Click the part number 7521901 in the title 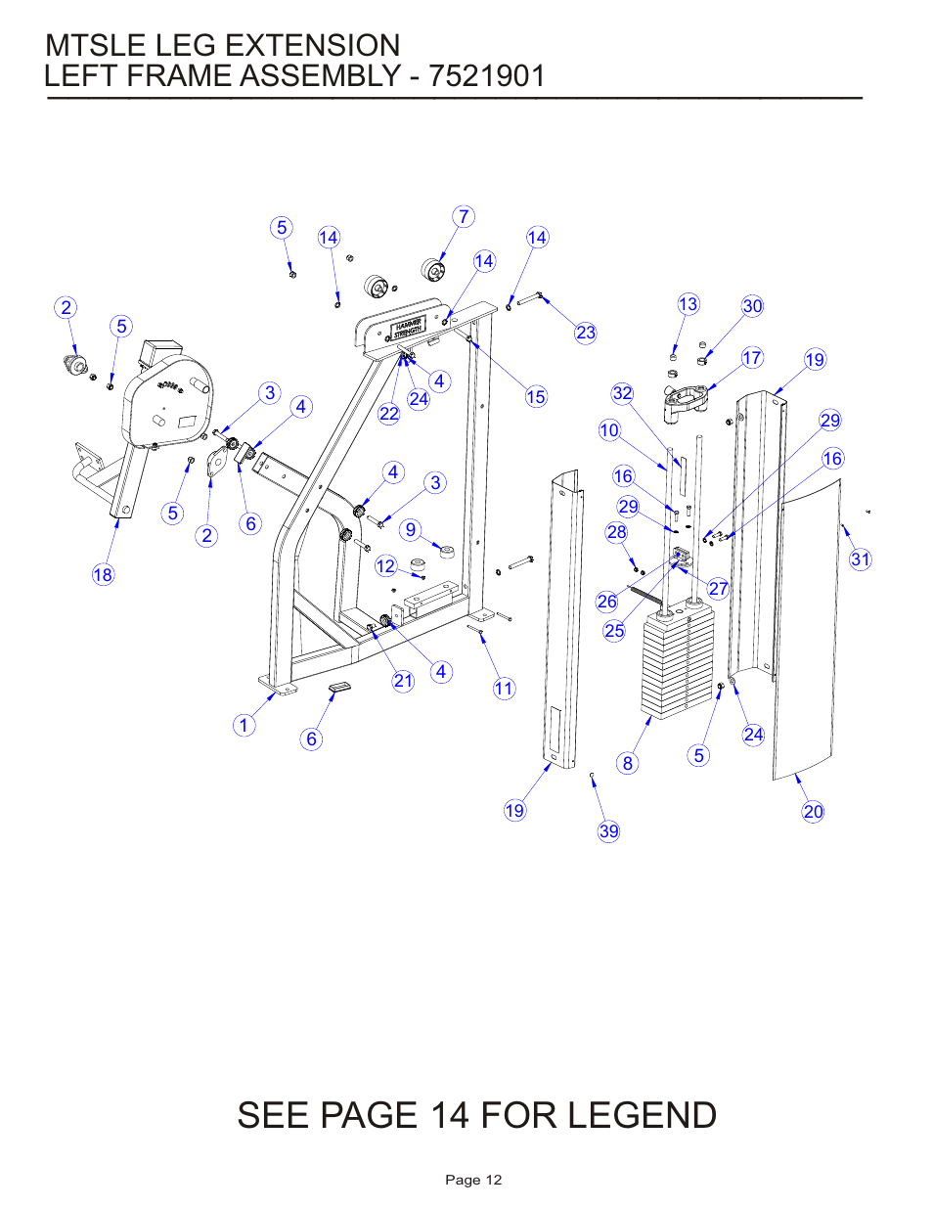click(x=486, y=76)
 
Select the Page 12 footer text click(x=473, y=1180)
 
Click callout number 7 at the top click(x=464, y=217)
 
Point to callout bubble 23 click(x=586, y=333)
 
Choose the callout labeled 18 click(x=103, y=575)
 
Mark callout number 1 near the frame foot click(x=244, y=726)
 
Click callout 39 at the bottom click(x=608, y=831)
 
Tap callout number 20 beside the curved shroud click(x=813, y=812)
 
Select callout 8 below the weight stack click(x=628, y=764)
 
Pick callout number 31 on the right click(x=860, y=559)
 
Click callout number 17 click(x=752, y=358)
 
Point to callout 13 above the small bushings click(x=689, y=304)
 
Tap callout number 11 click(x=504, y=689)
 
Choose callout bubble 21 click(x=404, y=681)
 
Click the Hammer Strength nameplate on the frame click(x=409, y=328)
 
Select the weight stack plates click(x=677, y=665)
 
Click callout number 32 click(x=622, y=393)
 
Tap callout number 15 click(x=536, y=397)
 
